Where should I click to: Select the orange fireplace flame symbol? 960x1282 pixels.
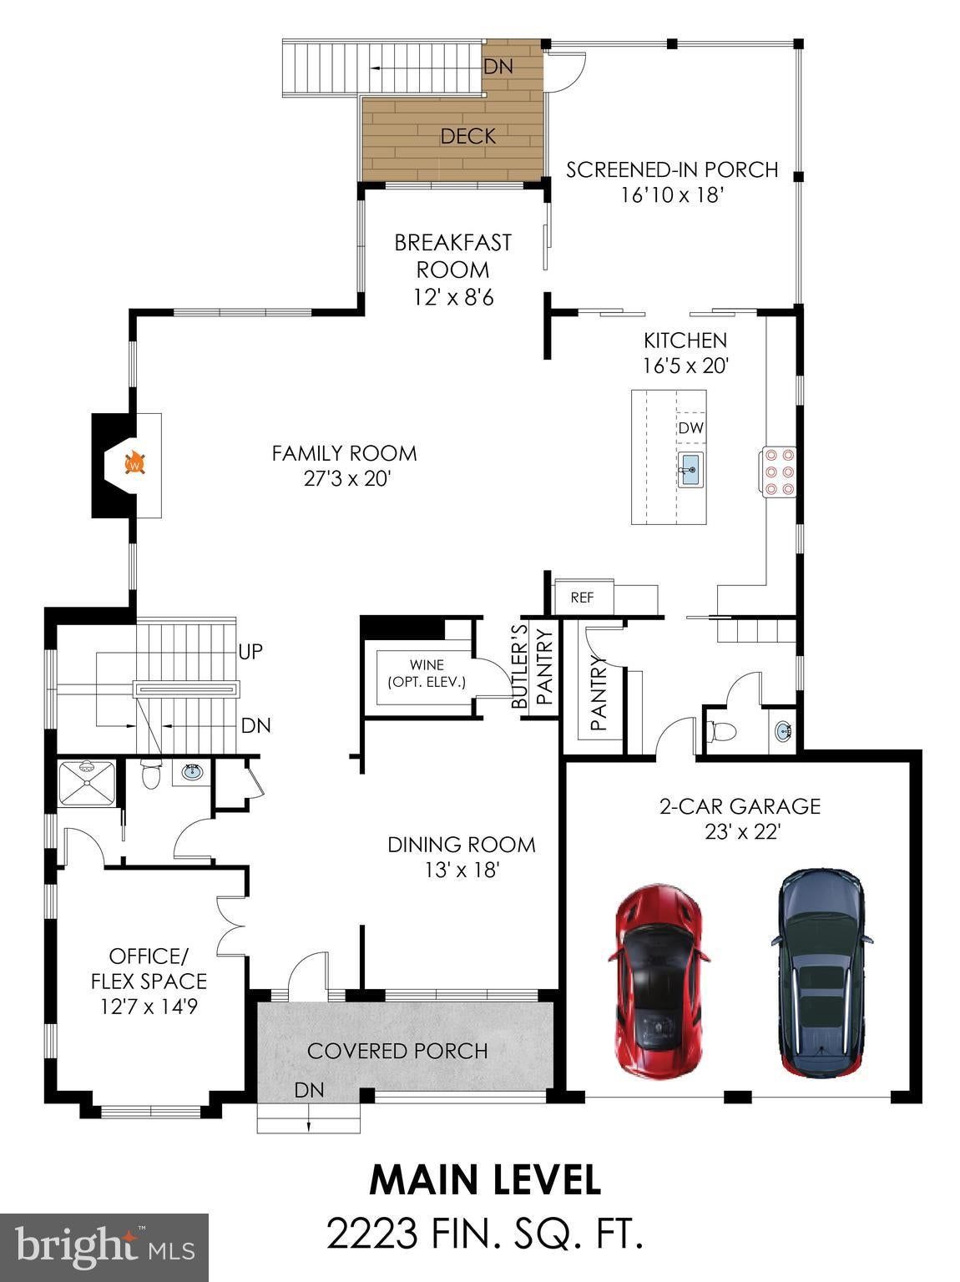tap(135, 463)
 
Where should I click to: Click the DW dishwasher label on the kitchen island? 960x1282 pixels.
tap(691, 428)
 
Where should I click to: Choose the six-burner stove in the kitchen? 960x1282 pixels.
tap(779, 472)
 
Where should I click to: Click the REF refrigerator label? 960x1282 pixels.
tap(582, 598)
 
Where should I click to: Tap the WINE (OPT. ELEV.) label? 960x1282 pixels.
tap(427, 674)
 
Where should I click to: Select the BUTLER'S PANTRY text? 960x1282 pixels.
tap(532, 666)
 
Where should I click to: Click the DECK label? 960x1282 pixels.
tap(468, 136)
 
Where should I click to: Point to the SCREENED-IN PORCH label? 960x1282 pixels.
tap(672, 169)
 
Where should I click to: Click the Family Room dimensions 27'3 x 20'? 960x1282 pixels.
tap(347, 479)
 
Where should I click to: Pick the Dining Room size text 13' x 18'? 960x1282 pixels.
tap(462, 871)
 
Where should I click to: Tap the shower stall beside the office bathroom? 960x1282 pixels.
tap(87, 782)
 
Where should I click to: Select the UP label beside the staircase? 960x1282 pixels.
tap(250, 651)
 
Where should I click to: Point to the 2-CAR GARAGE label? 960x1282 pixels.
tap(740, 806)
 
